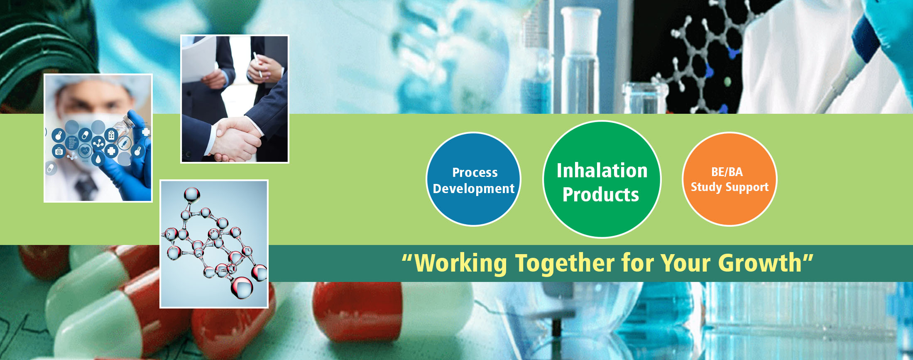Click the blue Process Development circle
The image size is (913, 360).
473,179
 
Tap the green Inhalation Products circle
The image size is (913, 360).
602,179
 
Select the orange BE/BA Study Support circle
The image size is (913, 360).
729,179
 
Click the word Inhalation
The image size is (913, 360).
602,171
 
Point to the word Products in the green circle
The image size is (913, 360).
601,195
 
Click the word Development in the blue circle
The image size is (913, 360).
474,189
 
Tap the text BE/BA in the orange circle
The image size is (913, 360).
727,171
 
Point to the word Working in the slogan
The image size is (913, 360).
461,263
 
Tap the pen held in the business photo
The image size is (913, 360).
258,64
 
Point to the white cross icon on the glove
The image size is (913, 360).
146,132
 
